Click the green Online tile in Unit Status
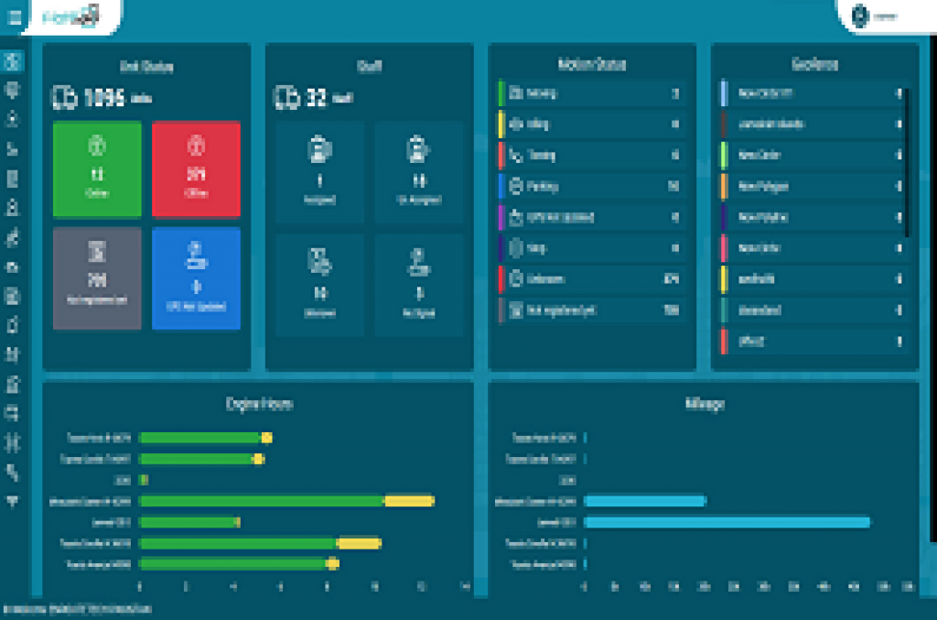click(98, 169)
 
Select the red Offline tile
click(196, 169)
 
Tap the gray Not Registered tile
click(98, 277)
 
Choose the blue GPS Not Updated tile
click(196, 277)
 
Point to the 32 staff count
click(316, 97)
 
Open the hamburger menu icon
click(14, 16)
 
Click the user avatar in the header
click(859, 16)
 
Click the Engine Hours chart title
click(259, 403)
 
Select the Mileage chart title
click(705, 403)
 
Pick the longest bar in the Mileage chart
click(727, 522)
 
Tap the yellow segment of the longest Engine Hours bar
click(408, 501)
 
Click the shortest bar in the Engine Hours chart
click(144, 480)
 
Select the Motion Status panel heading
click(592, 65)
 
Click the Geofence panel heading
click(815, 65)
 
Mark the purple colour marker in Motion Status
click(501, 217)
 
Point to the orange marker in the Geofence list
click(724, 186)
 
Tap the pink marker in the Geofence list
click(724, 248)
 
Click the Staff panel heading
click(369, 65)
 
